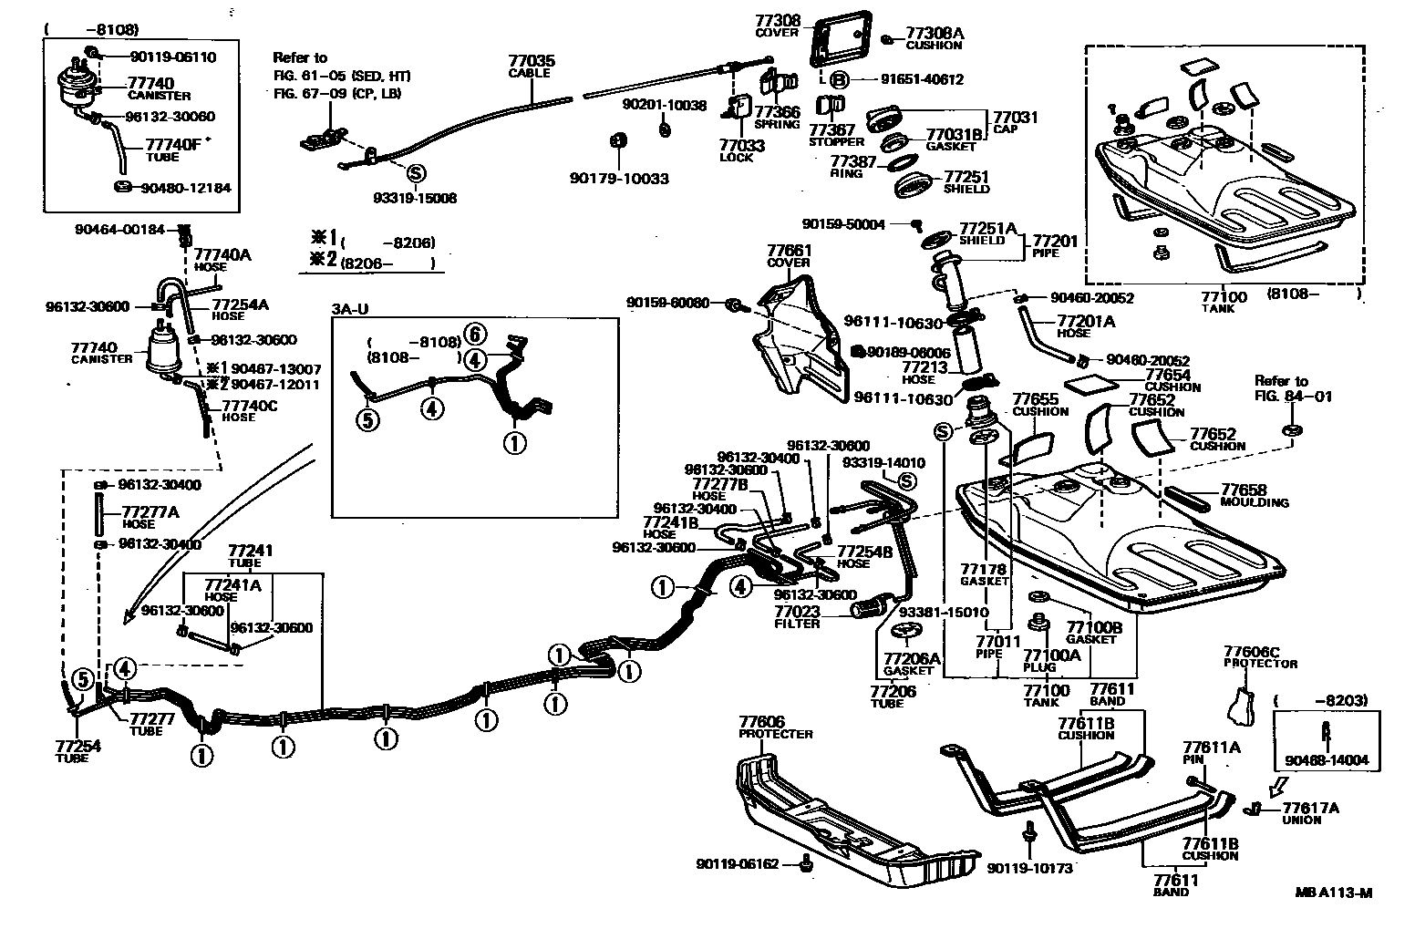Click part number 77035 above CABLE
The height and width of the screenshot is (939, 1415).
click(x=532, y=61)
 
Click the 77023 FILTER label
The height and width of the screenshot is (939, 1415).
click(x=797, y=617)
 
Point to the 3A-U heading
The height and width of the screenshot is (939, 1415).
click(x=350, y=309)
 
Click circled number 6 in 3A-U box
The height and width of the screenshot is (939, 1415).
click(x=473, y=334)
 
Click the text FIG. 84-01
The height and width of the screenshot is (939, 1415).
click(x=1280, y=397)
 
